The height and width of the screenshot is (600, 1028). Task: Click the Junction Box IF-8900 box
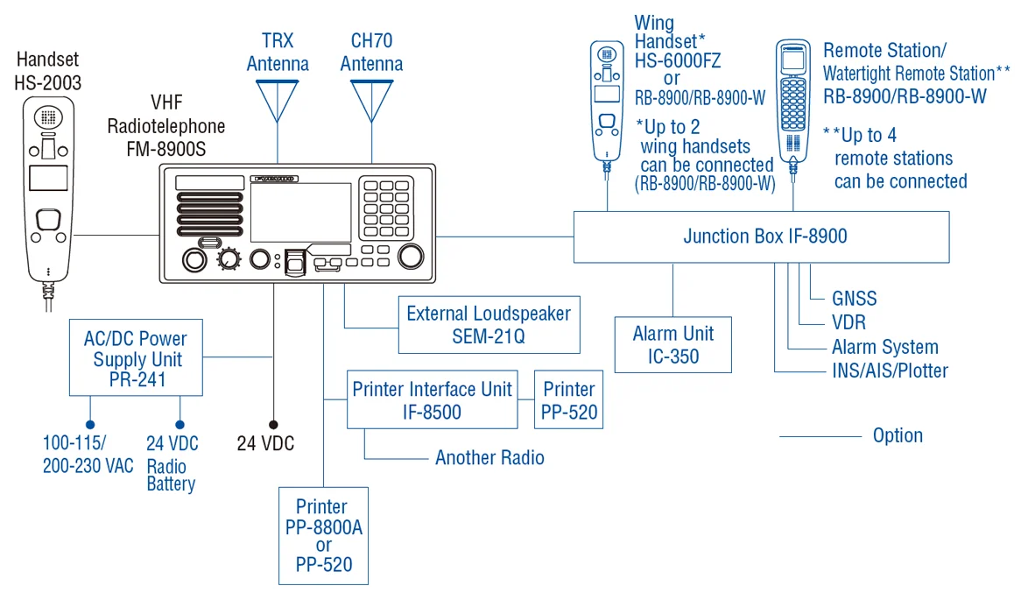point(761,236)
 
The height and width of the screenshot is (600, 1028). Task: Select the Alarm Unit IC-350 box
point(672,344)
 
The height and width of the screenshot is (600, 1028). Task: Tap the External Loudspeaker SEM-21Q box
point(488,324)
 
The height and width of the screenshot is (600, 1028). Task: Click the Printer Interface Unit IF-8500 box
point(432,399)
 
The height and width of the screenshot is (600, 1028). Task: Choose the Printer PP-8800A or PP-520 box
point(323,535)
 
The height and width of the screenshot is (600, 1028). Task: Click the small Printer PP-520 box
point(568,399)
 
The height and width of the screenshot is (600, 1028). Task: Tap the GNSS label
point(854,299)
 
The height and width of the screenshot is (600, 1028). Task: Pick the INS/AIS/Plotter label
point(890,371)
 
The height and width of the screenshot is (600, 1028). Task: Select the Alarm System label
point(884,347)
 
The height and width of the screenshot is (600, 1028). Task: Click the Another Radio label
point(489,458)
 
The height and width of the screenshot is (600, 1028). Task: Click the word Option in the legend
point(898,436)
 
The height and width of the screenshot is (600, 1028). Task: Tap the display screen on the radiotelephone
point(300,213)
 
